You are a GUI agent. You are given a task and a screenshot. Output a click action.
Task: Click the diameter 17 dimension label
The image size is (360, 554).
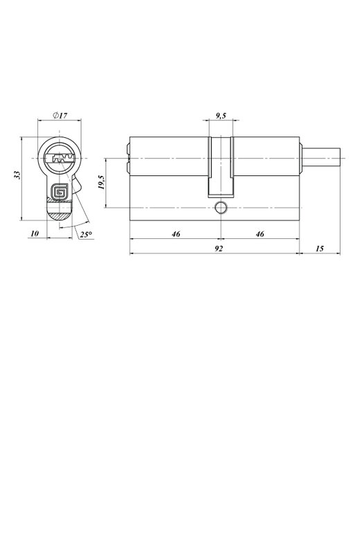(x=60, y=115)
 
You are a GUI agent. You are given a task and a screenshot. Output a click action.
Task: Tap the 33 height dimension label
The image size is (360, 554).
(x=17, y=175)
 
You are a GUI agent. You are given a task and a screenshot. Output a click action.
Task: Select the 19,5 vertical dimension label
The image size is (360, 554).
(x=101, y=182)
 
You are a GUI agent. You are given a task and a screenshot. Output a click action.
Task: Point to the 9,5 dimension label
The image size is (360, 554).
(x=221, y=115)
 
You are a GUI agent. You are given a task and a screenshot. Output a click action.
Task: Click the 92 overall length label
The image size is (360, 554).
(x=219, y=249)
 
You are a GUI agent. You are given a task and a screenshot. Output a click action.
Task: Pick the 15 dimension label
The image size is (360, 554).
(x=319, y=249)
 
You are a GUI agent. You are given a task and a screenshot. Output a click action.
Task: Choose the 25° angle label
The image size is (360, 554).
(x=86, y=234)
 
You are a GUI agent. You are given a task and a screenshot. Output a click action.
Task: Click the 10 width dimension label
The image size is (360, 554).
(x=35, y=233)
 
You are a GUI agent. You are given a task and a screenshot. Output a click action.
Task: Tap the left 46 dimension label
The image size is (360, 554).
(x=176, y=234)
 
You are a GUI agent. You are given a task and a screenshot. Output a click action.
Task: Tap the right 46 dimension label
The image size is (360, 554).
(x=260, y=234)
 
